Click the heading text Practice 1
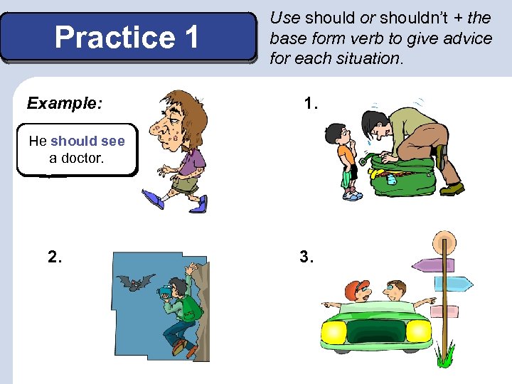coord(127,38)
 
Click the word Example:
coord(64,104)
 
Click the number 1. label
coord(310,104)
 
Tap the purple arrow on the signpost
coord(432,265)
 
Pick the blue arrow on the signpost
coord(455,284)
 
